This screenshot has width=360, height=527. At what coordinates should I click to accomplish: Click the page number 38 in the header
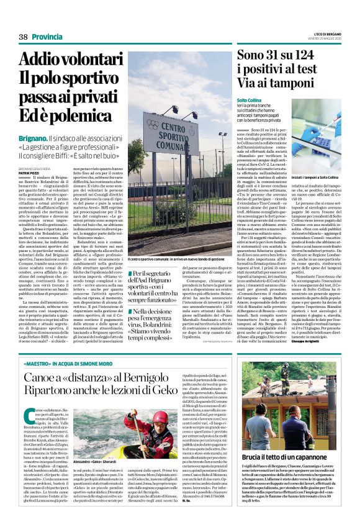click(24, 37)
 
